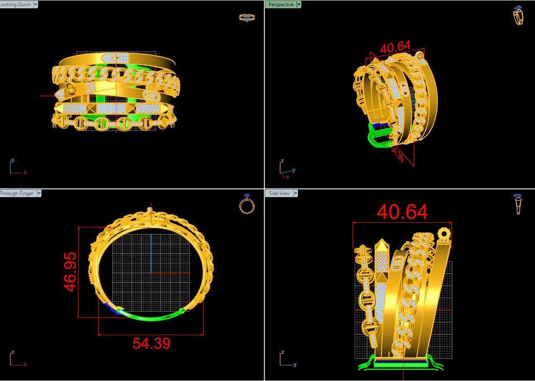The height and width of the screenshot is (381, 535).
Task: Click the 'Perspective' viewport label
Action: click(281, 5)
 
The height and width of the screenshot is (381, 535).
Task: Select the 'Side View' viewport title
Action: click(279, 193)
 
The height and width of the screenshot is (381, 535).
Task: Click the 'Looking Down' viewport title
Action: click(15, 5)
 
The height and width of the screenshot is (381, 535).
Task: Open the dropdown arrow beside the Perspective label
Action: click(299, 5)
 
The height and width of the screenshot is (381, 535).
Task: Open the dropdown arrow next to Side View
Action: click(295, 193)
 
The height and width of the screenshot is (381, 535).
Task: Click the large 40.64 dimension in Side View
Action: click(402, 212)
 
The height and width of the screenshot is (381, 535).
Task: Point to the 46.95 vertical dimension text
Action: click(70, 272)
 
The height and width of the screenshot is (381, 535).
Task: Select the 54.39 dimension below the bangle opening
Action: click(151, 343)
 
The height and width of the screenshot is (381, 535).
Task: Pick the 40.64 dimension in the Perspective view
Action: click(395, 47)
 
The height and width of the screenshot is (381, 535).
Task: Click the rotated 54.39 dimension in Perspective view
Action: click(397, 154)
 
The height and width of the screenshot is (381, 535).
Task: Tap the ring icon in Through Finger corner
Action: click(247, 204)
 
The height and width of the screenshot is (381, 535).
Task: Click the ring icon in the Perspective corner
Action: click(518, 16)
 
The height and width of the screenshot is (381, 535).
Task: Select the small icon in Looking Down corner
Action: click(247, 17)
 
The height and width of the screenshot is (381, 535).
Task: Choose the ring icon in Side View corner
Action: click(518, 204)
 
